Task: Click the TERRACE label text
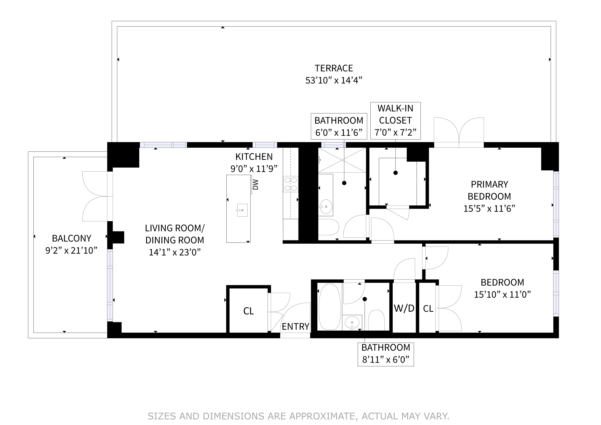point(333,68)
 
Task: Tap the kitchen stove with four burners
point(291,184)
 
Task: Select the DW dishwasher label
point(255,184)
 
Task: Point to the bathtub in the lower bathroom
point(330,307)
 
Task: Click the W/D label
point(404,308)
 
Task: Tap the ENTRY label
point(295,327)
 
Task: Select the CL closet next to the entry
point(248,311)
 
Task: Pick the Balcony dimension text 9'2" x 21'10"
point(71,250)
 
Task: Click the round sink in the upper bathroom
point(326,206)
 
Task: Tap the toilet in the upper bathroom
point(329,227)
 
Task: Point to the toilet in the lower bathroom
point(376,320)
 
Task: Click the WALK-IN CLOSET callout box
point(395,121)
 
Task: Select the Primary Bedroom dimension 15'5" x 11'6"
point(489,209)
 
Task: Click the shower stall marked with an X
point(342,160)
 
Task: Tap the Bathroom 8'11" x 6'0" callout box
point(386,354)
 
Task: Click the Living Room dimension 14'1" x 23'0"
point(175,252)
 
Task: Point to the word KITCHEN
point(254,156)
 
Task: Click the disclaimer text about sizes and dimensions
point(298,416)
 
